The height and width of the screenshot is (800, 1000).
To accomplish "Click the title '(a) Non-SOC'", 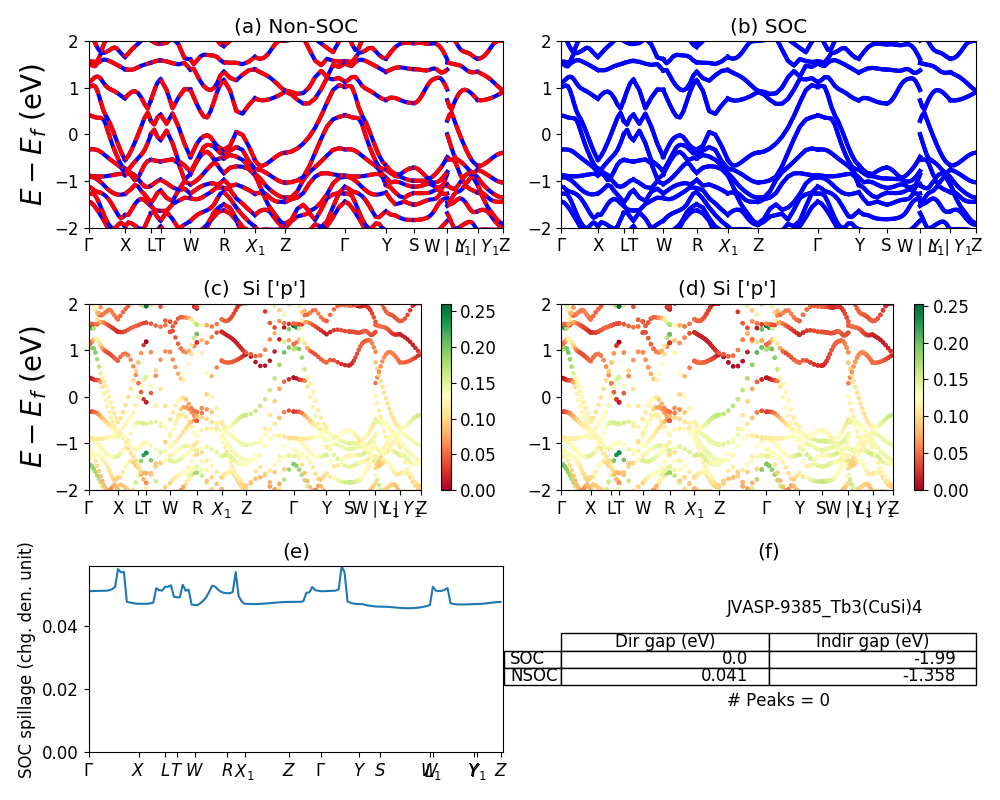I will [296, 27].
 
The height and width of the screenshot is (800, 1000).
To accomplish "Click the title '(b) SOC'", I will [768, 27].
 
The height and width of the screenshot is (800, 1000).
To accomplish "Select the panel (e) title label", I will [296, 551].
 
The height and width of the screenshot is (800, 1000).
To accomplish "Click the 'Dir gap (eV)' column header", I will [665, 642].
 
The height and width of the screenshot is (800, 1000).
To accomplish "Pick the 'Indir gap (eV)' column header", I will [872, 642].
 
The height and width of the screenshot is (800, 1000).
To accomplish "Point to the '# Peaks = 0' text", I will [778, 700].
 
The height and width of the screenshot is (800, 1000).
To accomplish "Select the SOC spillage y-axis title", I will [26, 660].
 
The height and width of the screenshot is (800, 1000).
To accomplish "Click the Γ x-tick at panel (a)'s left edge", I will [90, 245].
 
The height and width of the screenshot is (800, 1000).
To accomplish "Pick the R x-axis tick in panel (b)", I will [697, 245].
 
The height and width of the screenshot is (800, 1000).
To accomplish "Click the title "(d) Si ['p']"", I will [727, 289].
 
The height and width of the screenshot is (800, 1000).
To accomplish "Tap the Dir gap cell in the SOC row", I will [665, 659].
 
